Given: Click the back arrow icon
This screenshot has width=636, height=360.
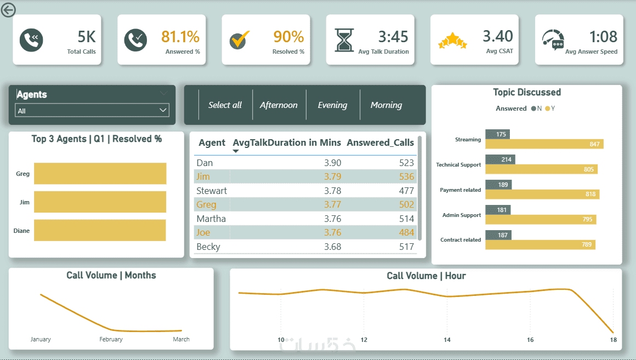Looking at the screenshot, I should pos(8,9).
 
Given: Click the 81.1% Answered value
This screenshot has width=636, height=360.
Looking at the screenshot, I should pos(180,37).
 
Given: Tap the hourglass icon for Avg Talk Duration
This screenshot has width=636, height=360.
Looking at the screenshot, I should pos(345,40).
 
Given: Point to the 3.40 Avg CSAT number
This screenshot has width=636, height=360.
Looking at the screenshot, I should pos(498,36).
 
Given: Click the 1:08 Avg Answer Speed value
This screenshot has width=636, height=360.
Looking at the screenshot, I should pos(603,37).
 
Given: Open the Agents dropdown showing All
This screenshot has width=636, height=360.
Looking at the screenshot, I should pos(92,111).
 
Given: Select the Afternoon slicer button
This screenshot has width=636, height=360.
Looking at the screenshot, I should pos(279,105).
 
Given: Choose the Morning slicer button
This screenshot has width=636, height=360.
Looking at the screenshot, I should pos(386,105).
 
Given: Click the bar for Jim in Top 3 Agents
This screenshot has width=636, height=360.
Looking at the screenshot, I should pos(100,202).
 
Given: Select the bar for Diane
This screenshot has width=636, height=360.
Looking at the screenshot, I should pos(100,230).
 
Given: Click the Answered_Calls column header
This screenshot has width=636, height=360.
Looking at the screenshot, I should pos(381,142).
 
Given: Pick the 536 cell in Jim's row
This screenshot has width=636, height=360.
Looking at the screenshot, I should pos(407,176).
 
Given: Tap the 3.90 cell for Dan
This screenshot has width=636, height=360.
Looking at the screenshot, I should pos(332,163).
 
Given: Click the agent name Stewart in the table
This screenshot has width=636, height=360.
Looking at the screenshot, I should pos(212,191).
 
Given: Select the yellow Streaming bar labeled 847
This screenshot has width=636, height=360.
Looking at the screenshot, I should pos(544,144).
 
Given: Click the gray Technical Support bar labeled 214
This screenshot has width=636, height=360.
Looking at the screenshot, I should pos(500,159).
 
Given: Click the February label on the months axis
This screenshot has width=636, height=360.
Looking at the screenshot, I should pos(111,339).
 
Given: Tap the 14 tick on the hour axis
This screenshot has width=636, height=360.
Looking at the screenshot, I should pos(447,340).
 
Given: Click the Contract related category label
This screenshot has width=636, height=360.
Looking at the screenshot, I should pos(461,240).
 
